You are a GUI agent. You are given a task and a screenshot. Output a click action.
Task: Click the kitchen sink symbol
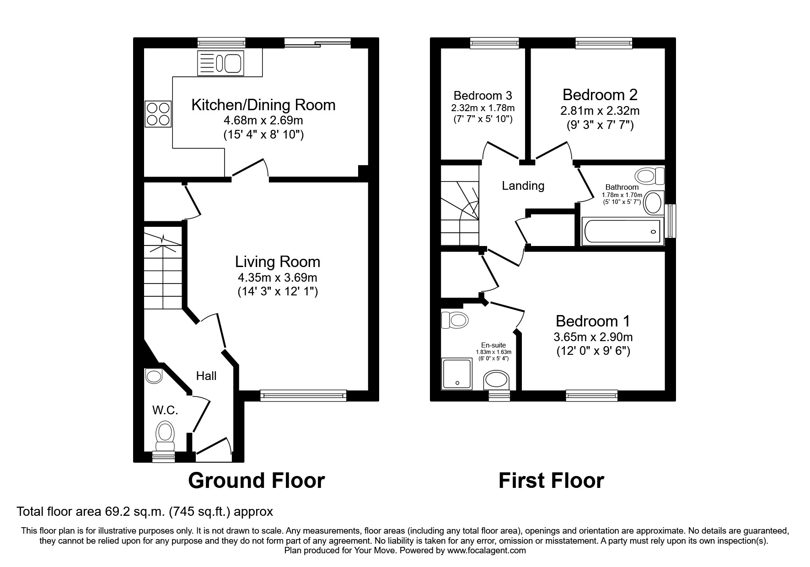tap(220, 63)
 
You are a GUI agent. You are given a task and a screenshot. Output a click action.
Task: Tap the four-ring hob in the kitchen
tap(158, 114)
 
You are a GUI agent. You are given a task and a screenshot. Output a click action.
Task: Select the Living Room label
tap(277, 262)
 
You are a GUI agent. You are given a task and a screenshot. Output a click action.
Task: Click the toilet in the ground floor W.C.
tap(165, 436)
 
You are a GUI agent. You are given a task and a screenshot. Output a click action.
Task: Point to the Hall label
tap(206, 376)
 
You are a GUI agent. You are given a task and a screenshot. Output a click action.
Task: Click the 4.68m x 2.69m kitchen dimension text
tap(263, 121)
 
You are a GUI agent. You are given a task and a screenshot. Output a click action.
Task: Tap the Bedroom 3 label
tap(483, 96)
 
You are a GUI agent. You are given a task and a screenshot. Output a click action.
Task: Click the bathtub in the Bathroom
tap(622, 231)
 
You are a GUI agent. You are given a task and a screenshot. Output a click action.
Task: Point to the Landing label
tap(523, 186)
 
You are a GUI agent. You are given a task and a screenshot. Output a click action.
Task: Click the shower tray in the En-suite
tap(456, 374)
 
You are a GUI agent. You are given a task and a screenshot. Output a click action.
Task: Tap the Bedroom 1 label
tap(592, 321)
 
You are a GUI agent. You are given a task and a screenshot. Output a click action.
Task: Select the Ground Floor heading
tap(256, 481)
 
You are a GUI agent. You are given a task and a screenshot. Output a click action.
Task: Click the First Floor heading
tap(551, 481)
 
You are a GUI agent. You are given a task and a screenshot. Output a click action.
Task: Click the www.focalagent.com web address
tap(486, 551)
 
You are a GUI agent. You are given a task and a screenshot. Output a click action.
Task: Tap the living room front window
tap(303, 396)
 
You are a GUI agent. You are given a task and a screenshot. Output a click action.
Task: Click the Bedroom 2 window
tap(604, 43)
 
